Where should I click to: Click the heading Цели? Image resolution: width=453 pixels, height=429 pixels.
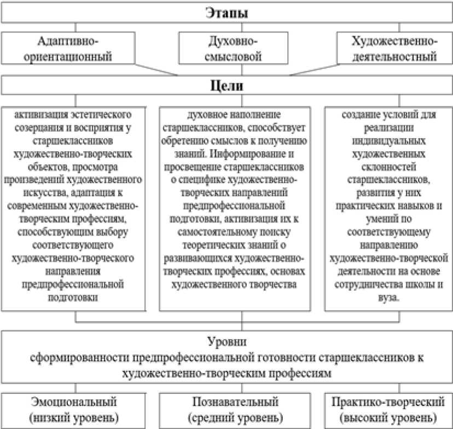point(226,87)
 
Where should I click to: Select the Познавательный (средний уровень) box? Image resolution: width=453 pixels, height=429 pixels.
point(233,409)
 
